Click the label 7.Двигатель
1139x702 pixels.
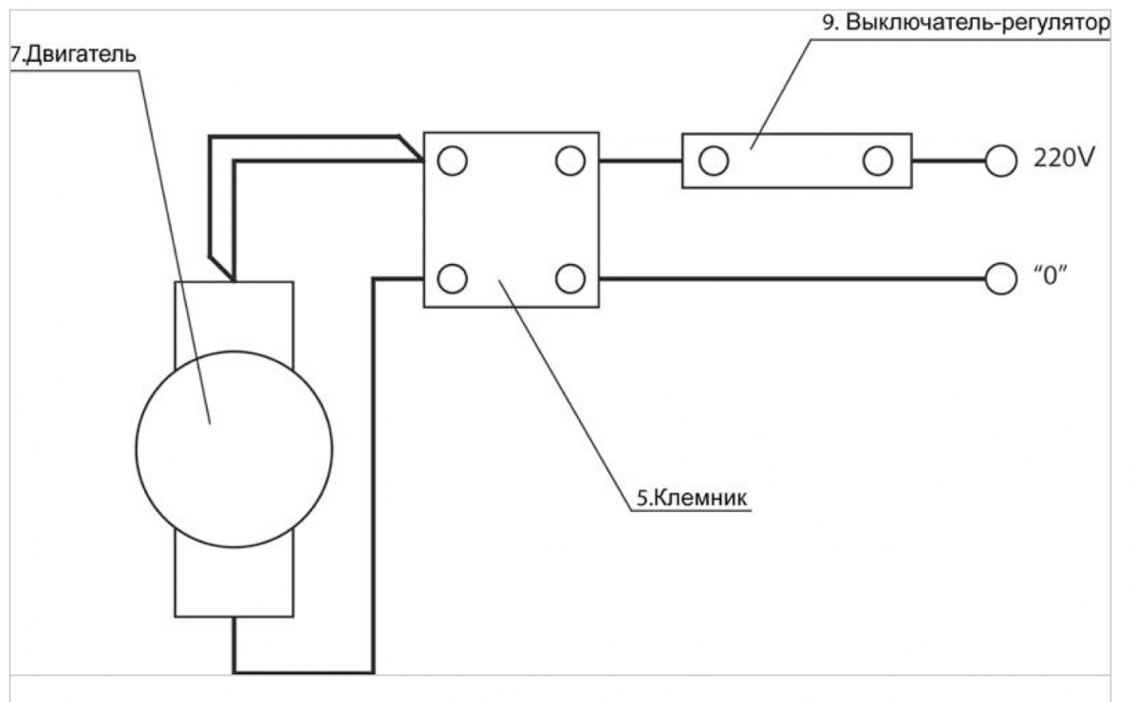[73, 53]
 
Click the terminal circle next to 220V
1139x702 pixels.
[1000, 161]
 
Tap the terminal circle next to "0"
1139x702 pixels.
[1000, 279]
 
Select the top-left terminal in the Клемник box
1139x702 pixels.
[453, 161]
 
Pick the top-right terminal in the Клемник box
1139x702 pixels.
[569, 161]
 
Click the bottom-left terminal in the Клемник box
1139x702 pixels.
[453, 279]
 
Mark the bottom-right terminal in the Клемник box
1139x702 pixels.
[569, 279]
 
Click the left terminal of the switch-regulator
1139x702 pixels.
[713, 161]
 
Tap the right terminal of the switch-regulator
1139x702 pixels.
[878, 161]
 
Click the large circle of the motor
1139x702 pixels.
[234, 448]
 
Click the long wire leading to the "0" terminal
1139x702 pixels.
[788, 279]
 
